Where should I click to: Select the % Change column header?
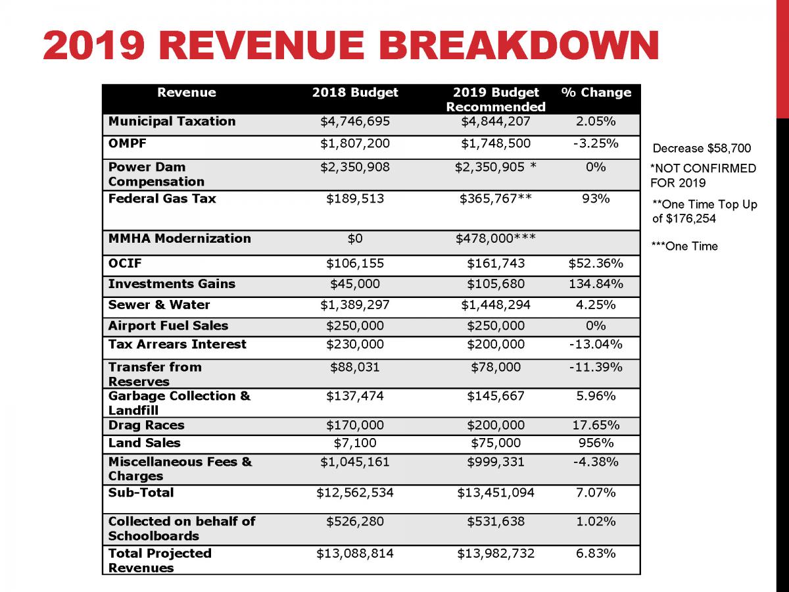596,93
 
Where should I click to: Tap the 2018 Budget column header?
355,93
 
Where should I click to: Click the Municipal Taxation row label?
172,121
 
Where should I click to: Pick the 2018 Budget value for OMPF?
355,143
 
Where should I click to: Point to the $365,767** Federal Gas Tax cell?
496,199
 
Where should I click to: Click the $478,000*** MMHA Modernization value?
496,238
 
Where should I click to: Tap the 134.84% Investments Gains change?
596,284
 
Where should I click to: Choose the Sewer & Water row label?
159,305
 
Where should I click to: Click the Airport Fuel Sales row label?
168,326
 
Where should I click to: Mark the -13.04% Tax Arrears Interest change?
596,344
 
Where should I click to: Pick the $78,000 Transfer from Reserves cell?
496,367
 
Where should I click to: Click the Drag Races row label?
146,425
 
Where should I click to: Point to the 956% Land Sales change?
596,443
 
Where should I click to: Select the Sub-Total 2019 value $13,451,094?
496,493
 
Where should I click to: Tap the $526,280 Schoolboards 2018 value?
355,522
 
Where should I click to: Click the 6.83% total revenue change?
596,554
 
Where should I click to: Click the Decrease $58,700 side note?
702,149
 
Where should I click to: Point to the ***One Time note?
684,247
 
